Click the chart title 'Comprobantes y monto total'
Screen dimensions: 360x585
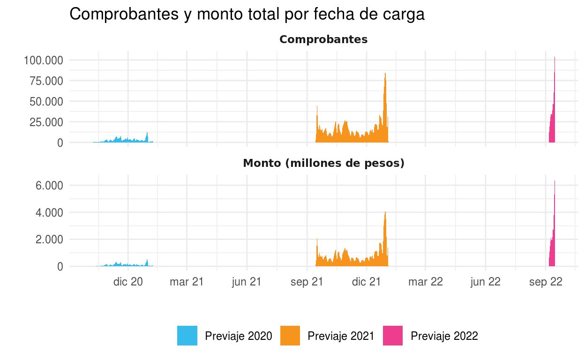point(247,14)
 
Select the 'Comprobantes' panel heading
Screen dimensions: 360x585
point(323,40)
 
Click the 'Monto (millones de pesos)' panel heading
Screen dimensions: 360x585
point(323,164)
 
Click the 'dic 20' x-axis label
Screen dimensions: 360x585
point(128,282)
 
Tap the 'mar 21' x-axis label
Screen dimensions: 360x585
point(187,282)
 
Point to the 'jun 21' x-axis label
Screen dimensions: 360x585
point(247,282)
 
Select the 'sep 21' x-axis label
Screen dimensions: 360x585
point(307,282)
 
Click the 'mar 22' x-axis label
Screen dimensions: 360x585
point(425,282)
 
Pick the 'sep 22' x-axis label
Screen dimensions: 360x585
point(545,282)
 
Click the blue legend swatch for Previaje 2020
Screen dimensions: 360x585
point(187,336)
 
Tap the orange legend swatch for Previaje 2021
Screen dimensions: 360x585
point(290,336)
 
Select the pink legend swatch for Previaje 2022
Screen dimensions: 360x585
point(393,336)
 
